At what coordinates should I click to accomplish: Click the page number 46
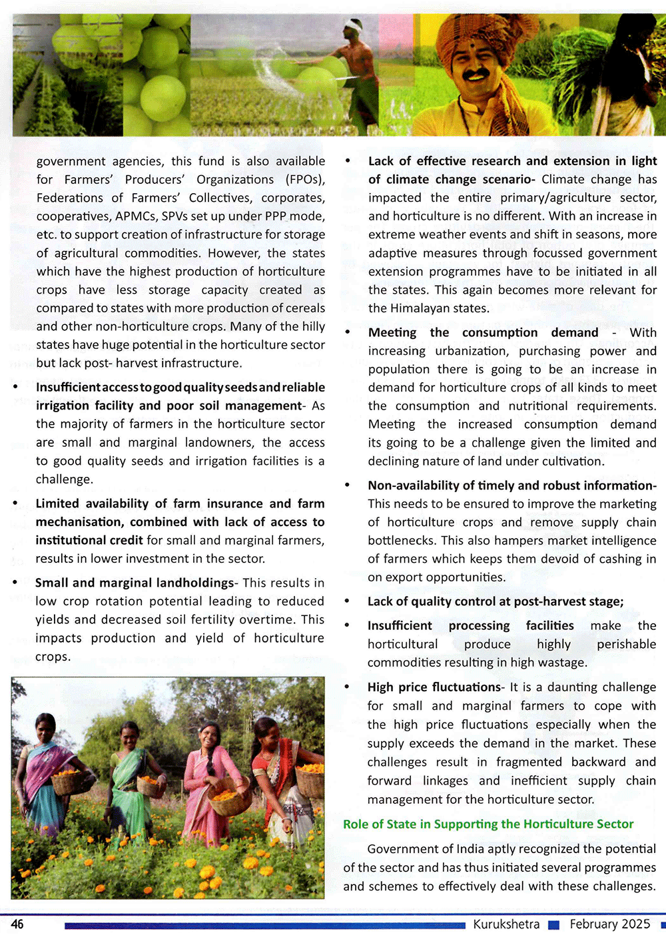(17, 924)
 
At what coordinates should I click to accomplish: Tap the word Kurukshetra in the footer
(506, 924)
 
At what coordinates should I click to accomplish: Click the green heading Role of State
(488, 824)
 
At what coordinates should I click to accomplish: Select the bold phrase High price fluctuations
(434, 687)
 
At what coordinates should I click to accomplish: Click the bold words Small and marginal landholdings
(135, 583)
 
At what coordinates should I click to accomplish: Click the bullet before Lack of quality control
(347, 601)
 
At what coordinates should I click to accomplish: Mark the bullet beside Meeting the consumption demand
(347, 332)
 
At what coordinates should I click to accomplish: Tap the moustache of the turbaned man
(477, 73)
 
